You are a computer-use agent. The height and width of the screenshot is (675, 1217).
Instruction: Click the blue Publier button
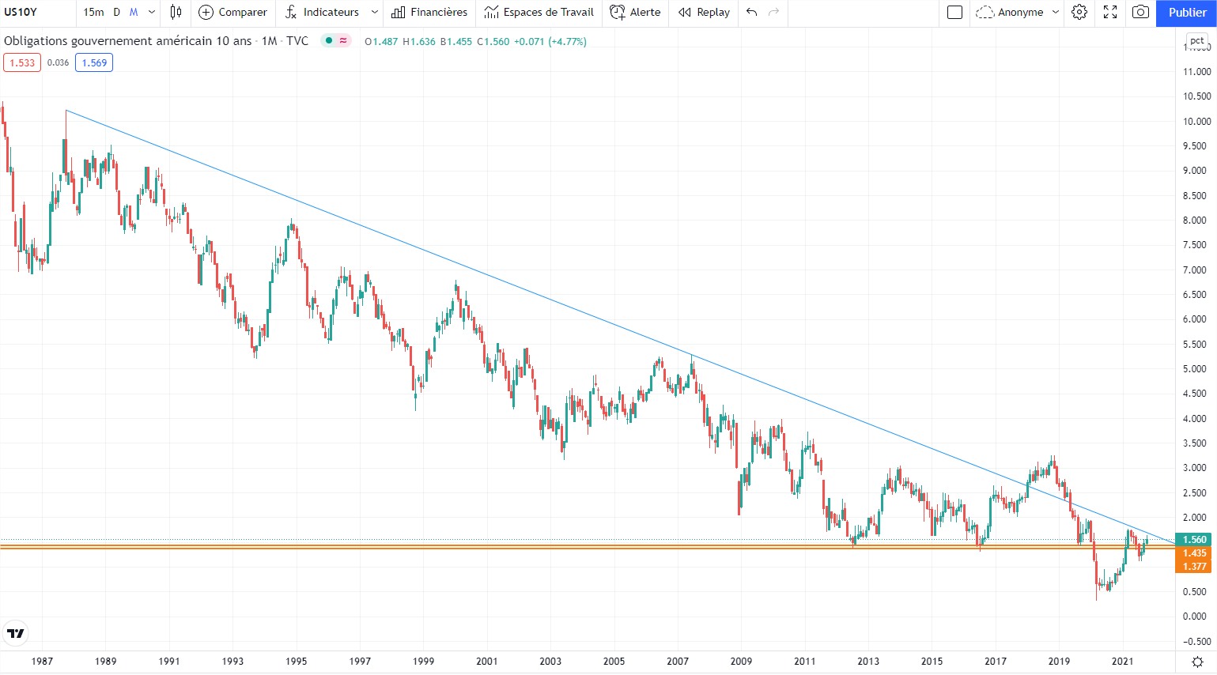(x=1186, y=13)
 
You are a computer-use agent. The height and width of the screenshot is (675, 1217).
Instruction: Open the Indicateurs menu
(x=322, y=13)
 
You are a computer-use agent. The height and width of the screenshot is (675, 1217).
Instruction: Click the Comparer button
(x=232, y=13)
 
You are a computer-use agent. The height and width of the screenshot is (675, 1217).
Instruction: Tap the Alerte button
(x=635, y=13)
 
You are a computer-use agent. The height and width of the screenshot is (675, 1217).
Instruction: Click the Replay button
(x=704, y=13)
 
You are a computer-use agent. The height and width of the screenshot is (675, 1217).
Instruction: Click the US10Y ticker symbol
(x=21, y=13)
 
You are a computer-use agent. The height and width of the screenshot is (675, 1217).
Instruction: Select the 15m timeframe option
(x=93, y=13)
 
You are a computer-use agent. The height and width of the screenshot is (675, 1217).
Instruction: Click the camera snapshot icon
(x=1140, y=13)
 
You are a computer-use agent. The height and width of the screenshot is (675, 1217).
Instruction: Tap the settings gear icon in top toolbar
(x=1079, y=13)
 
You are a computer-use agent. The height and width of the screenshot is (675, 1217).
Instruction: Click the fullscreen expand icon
(x=1110, y=13)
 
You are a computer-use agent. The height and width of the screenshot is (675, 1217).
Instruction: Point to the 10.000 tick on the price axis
(x=1196, y=122)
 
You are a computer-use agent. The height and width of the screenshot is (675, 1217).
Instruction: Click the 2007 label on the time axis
(x=678, y=662)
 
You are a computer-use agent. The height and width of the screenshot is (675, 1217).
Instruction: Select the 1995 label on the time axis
(x=297, y=662)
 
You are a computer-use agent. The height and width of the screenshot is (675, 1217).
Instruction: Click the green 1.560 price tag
(x=1194, y=540)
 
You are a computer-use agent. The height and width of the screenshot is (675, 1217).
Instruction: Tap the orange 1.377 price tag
(x=1194, y=567)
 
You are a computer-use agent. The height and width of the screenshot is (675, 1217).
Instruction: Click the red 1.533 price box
(x=22, y=63)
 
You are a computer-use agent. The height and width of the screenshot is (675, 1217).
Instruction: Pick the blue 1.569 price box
(x=94, y=63)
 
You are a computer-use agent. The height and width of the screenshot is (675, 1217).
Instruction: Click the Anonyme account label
(x=1019, y=13)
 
